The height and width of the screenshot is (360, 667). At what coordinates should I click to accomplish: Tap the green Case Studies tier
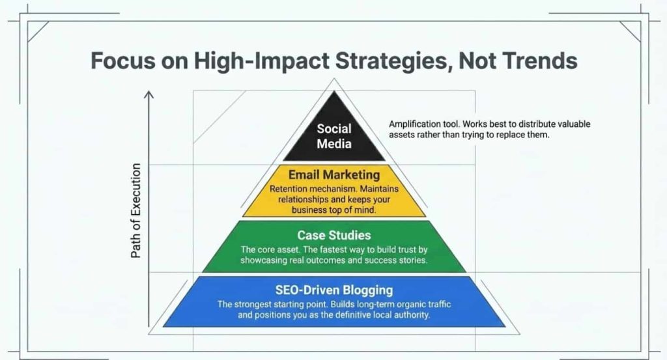point(333,247)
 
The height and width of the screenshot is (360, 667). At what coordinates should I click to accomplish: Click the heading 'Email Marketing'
point(333,174)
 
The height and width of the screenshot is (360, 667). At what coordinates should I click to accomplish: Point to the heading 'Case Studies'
point(333,234)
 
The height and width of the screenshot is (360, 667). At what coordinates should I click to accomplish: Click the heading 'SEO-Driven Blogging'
point(333,289)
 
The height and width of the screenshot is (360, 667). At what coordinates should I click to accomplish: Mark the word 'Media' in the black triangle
point(333,143)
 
